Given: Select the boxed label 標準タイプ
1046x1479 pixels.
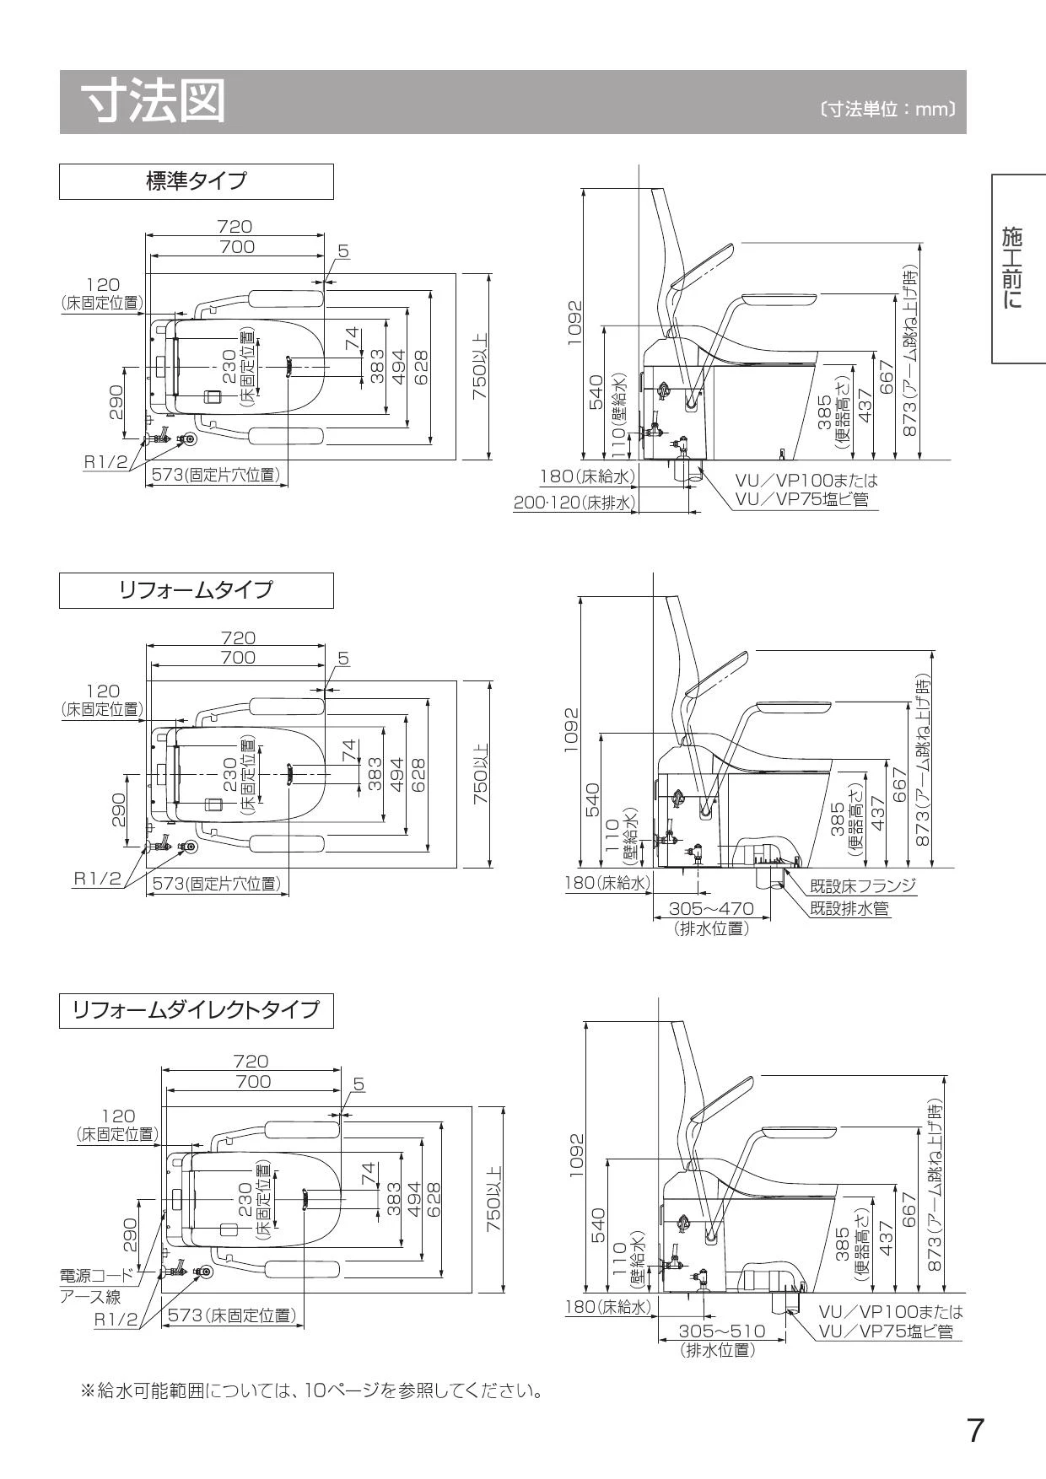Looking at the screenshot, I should click(196, 181).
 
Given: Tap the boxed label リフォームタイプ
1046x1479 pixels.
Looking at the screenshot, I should click(196, 589).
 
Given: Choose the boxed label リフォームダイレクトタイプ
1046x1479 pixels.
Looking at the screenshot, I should click(196, 1009).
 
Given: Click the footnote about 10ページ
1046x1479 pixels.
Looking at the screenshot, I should click(310, 1390).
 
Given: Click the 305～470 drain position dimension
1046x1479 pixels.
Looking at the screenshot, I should click(710, 909).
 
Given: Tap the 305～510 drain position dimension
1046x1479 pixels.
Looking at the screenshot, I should click(722, 1331).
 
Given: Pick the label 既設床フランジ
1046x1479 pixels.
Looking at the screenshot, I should click(862, 886).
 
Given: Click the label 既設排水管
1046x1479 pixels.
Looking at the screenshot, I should click(849, 909).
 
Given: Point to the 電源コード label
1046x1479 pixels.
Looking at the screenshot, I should click(96, 1276).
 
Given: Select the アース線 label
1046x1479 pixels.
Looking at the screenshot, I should click(90, 1297).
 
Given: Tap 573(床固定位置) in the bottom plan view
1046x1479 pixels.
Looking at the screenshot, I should click(231, 1315).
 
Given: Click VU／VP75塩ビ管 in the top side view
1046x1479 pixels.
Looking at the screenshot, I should click(801, 499).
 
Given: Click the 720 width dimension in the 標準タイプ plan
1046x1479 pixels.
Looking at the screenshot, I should click(235, 226).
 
